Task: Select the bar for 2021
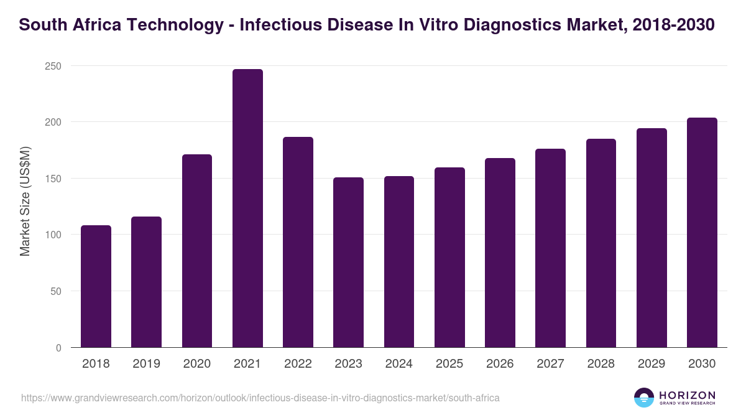point(247,208)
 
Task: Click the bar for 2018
point(96,286)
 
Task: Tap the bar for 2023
point(348,263)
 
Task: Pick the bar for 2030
point(702,233)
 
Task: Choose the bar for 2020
point(197,251)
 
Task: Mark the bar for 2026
point(500,253)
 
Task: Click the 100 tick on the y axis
point(53,235)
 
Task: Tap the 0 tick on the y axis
point(58,348)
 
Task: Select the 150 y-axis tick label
point(53,179)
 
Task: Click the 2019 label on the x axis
point(146,364)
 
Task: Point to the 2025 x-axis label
point(449,364)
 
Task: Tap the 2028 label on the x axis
point(601,364)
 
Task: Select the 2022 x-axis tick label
point(298,364)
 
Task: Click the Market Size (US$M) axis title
point(25,200)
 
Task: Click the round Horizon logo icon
point(644,398)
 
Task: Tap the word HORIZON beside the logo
point(687,394)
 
